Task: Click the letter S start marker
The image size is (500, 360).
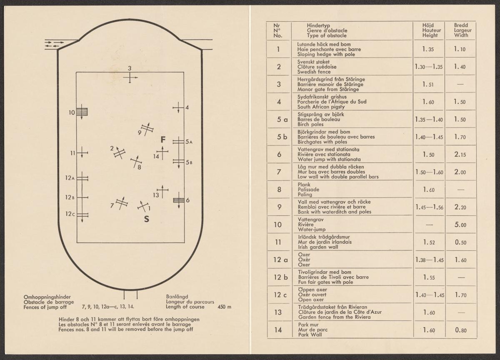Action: [x=147, y=219]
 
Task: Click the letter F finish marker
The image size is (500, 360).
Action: [x=164, y=140]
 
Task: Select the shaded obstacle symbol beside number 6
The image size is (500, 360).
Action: [x=179, y=200]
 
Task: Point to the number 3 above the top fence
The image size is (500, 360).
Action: [x=130, y=68]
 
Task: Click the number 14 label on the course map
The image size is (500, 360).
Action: [x=156, y=156]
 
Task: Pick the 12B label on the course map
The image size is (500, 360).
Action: [x=70, y=197]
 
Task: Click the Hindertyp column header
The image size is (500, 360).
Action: [x=318, y=25]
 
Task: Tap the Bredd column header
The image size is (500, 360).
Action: [x=461, y=25]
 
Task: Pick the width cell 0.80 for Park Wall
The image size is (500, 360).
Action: [x=460, y=330]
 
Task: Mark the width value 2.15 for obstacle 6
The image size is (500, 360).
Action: [x=460, y=155]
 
